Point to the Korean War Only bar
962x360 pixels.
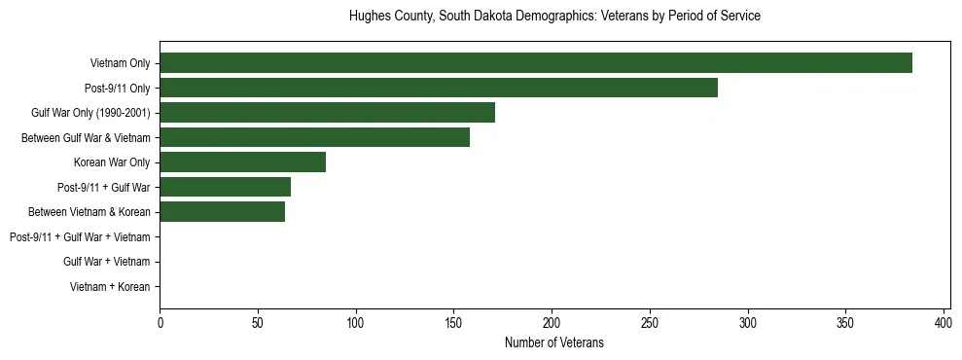[x=243, y=162]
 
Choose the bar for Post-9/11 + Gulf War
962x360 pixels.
[x=226, y=187]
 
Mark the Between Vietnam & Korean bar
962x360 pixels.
[x=223, y=212]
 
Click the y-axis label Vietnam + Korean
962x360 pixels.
[x=110, y=287]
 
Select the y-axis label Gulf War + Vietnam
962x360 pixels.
[x=107, y=262]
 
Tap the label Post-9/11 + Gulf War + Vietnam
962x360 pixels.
[x=80, y=237]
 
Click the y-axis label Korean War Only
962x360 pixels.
[x=112, y=162]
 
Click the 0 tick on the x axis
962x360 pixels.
[x=160, y=322]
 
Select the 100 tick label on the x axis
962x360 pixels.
[x=356, y=322]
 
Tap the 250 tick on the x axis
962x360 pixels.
[x=650, y=322]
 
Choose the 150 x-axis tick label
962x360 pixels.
[x=454, y=322]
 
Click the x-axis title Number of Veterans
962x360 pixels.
[x=554, y=342]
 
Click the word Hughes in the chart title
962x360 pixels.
[x=369, y=17]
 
